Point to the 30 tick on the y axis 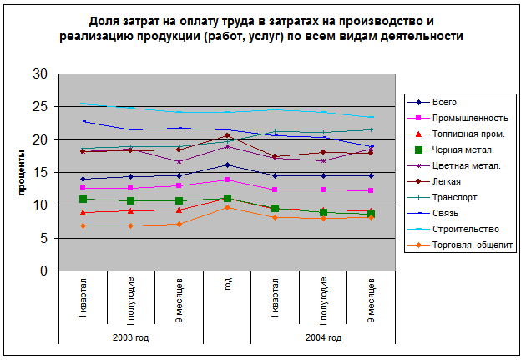coord(39,74)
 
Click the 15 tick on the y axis coord(39,172)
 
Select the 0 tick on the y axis coord(43,271)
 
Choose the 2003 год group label coord(131,337)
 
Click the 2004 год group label coord(323,337)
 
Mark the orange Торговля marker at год coord(228,207)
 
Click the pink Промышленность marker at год coord(228,180)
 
